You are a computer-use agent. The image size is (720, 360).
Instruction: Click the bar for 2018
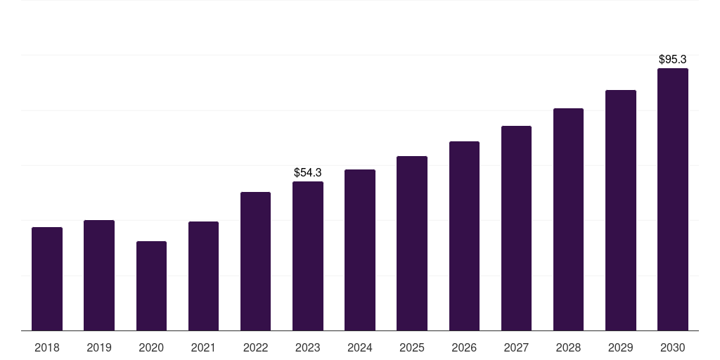47,279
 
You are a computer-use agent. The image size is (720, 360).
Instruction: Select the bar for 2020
151,286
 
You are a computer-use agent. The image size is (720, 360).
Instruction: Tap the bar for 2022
255,262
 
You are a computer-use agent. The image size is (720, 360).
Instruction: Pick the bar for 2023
308,256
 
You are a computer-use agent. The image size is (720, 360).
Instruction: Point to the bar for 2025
412,243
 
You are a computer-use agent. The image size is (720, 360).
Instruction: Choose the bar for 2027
516,229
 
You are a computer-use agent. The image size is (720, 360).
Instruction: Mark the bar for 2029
621,210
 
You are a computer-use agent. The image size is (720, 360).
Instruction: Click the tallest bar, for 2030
673,200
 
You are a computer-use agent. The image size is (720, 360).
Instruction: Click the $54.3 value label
308,172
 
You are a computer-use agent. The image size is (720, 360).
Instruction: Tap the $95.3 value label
673,59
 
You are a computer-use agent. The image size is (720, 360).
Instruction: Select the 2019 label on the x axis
99,347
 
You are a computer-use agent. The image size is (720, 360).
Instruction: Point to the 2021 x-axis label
203,347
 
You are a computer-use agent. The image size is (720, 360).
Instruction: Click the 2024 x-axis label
360,347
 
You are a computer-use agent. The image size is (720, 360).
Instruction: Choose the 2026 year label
464,347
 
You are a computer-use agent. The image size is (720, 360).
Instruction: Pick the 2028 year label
568,347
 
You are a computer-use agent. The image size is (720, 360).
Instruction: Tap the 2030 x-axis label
673,347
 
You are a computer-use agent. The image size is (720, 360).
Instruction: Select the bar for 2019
99,276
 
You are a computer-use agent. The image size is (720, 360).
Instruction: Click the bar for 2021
203,276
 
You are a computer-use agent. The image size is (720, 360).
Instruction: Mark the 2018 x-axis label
47,347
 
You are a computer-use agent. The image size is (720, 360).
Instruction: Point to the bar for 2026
464,236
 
